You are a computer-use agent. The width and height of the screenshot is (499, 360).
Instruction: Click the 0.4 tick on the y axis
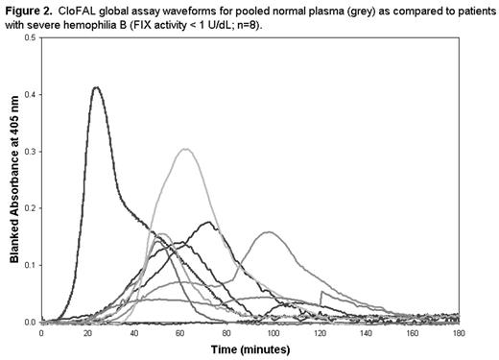pos(30,94)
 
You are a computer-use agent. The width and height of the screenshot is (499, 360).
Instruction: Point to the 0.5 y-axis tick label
pos(30,37)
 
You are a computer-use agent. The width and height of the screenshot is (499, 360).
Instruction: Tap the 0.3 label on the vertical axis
pos(30,151)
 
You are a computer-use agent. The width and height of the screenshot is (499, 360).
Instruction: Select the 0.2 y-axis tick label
pos(30,207)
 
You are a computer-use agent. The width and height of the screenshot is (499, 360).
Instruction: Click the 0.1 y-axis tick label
pos(30,264)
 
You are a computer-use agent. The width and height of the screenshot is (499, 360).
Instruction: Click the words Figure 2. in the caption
pos(27,9)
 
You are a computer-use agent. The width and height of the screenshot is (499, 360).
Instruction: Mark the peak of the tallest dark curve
pos(96,87)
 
